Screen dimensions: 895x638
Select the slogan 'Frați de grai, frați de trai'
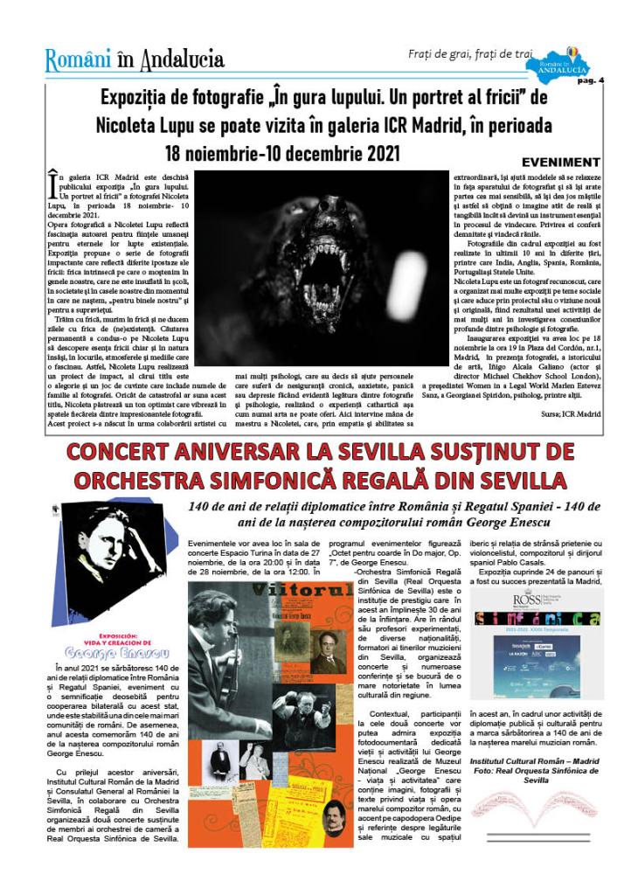click(469, 54)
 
